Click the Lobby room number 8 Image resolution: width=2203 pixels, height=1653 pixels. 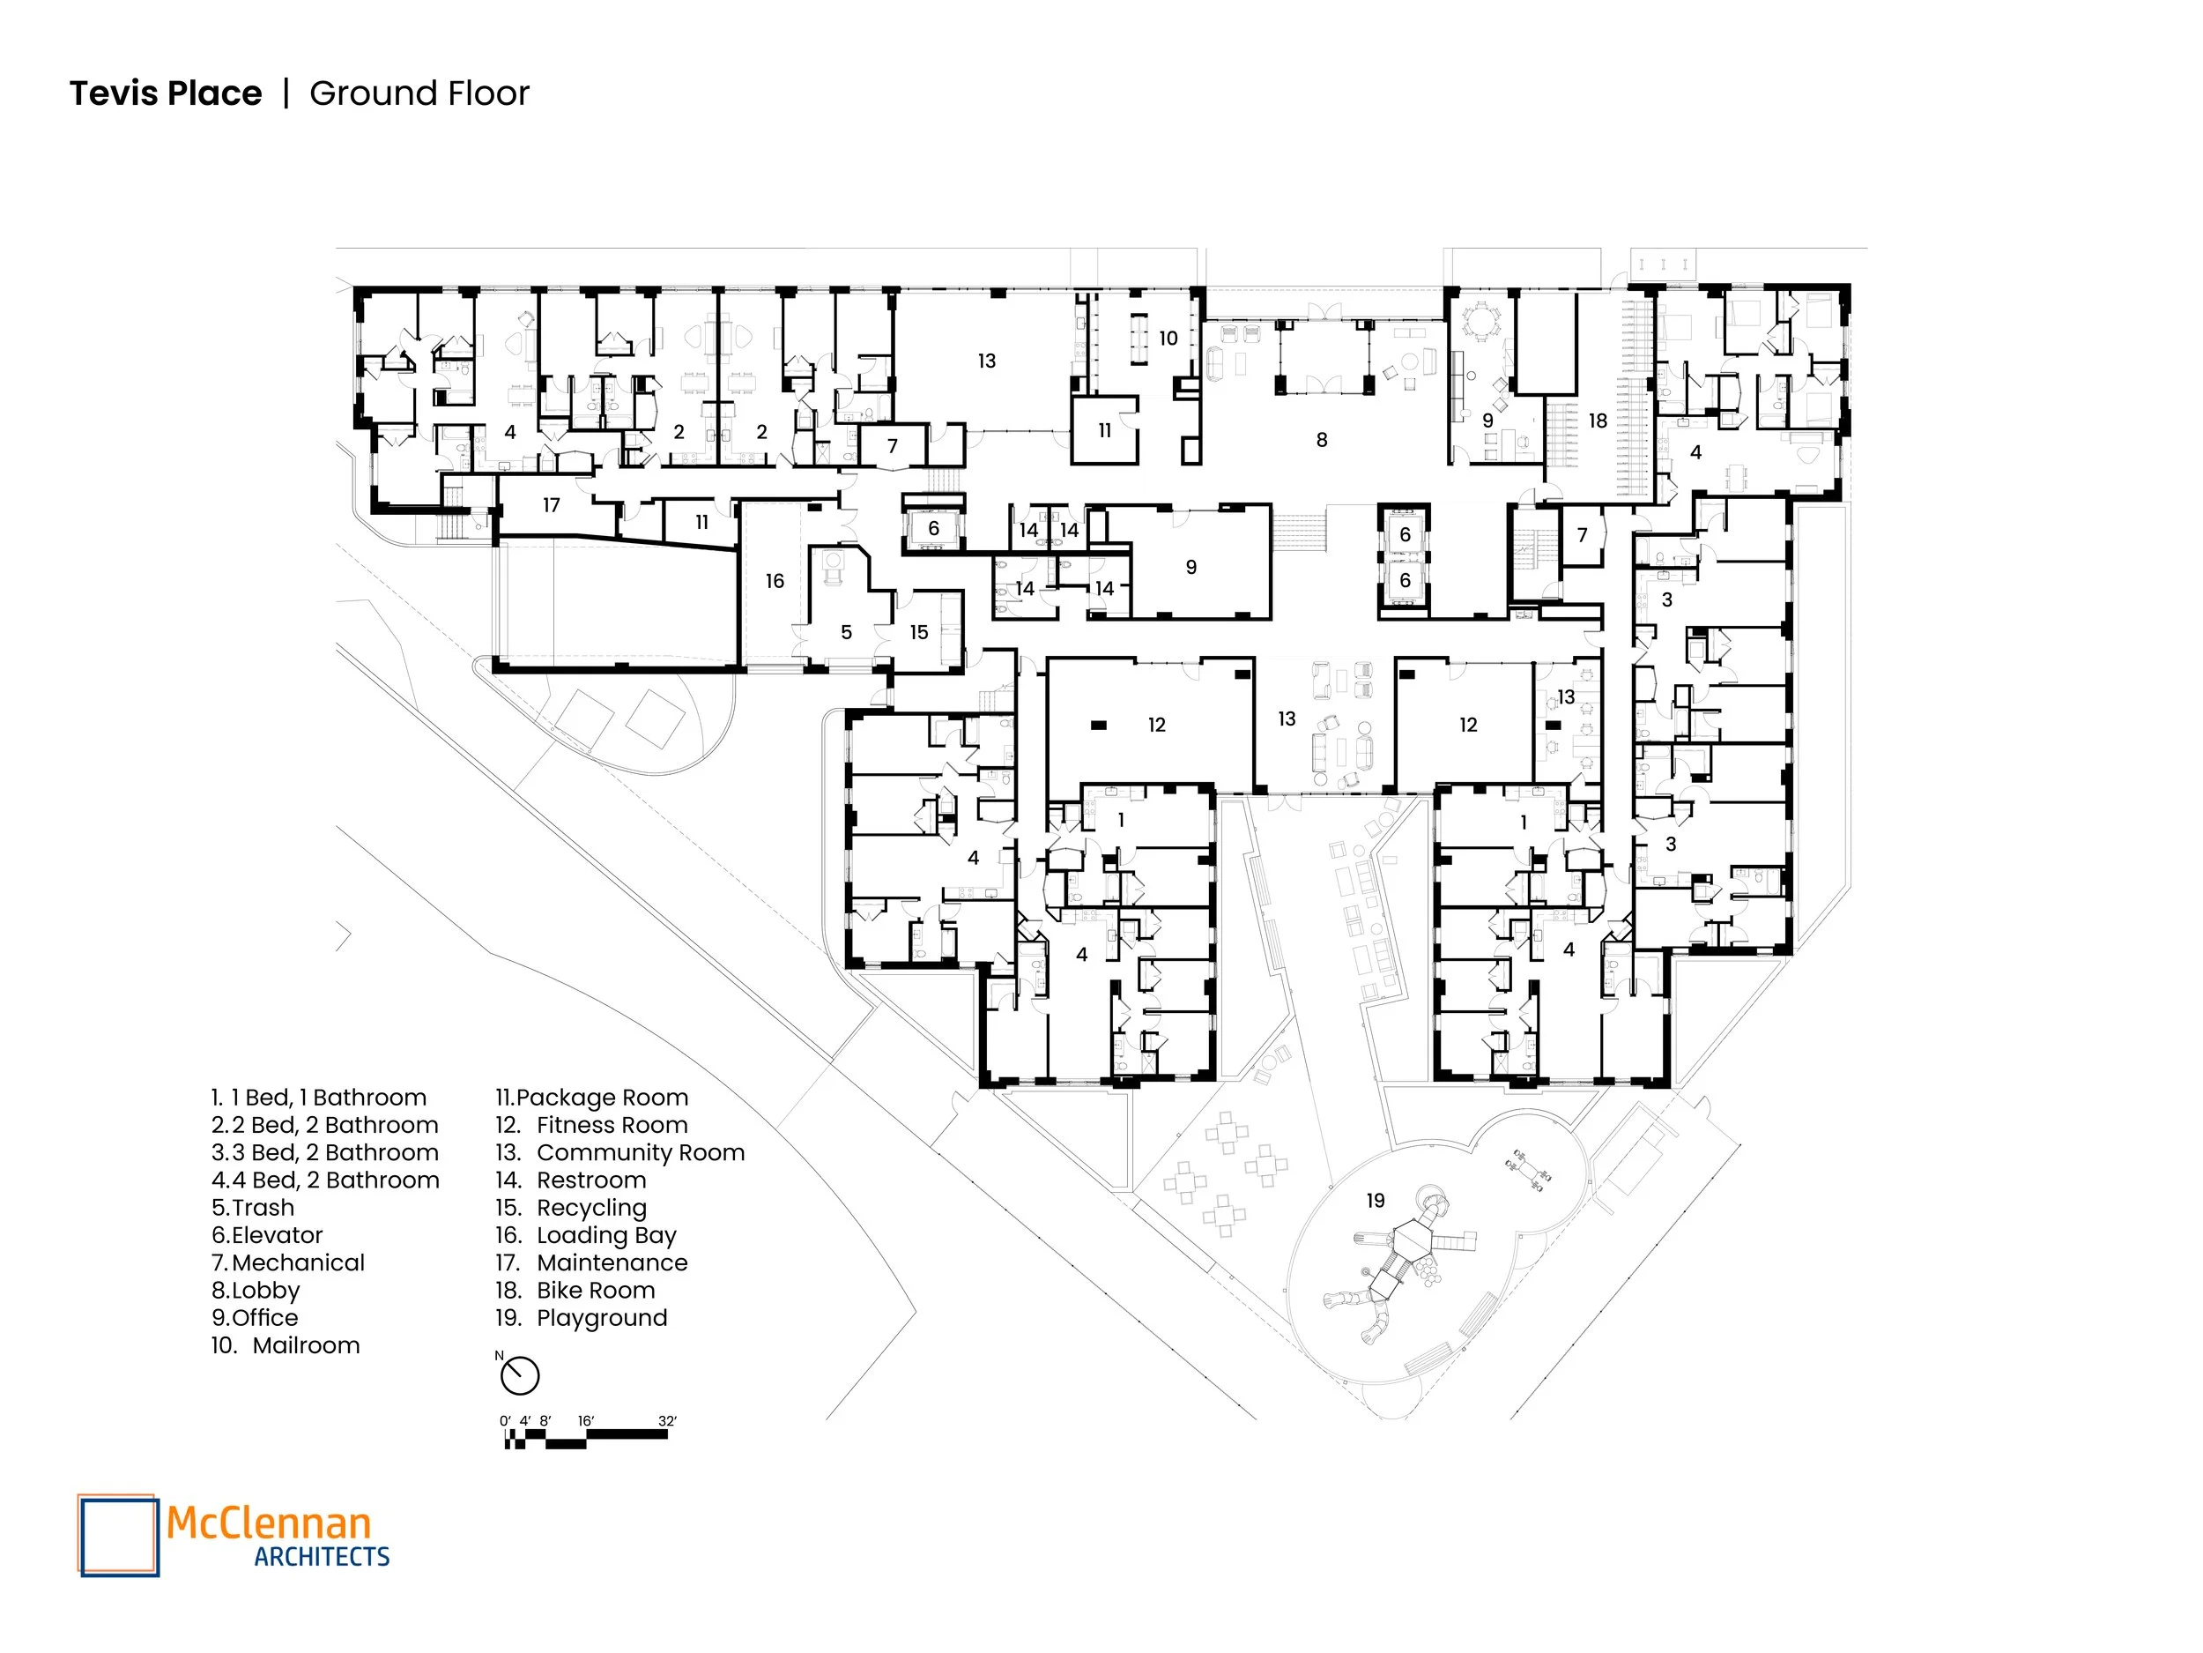click(1321, 439)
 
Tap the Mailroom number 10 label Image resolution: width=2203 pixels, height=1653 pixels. click(1168, 339)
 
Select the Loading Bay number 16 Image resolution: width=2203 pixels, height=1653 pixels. click(775, 581)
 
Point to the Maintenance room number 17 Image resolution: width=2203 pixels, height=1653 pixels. click(551, 505)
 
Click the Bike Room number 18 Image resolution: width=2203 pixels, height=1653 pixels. click(1598, 421)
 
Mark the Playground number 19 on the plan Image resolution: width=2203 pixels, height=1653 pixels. click(1376, 1201)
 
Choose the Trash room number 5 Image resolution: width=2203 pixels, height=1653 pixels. click(846, 632)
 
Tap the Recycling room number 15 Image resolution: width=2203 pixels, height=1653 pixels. click(918, 632)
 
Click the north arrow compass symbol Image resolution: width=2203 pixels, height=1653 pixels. click(520, 1376)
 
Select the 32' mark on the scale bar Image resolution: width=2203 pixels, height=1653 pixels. click(666, 1421)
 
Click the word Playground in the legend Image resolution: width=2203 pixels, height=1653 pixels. click(602, 1317)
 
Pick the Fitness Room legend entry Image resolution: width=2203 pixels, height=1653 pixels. click(612, 1125)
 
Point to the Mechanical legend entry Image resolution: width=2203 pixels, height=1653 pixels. click(298, 1262)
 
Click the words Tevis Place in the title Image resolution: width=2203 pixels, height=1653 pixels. click(166, 93)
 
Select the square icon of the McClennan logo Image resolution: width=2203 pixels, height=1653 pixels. click(118, 1535)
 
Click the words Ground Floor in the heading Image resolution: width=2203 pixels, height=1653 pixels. click(419, 93)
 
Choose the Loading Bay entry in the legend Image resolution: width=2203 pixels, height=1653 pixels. click(606, 1235)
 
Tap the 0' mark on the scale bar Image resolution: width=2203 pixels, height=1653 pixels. click(505, 1421)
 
